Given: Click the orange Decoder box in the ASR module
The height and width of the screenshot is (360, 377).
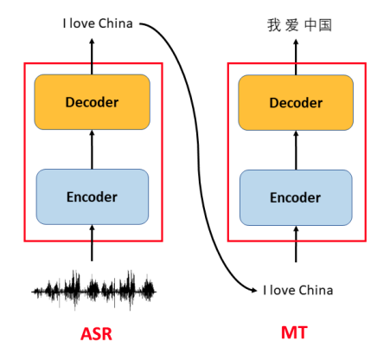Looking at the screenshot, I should (93, 102).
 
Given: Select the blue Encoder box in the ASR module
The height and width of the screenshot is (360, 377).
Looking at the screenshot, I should (93, 196).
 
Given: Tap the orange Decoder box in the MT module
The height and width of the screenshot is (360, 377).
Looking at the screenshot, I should (296, 102).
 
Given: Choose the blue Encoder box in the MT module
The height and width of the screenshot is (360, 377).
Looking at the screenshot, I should (296, 196).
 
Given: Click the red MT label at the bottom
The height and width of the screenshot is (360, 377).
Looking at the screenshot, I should (296, 332).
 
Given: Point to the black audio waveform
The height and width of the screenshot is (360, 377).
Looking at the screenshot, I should (93, 288).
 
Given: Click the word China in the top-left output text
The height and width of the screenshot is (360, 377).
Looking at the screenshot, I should (115, 23).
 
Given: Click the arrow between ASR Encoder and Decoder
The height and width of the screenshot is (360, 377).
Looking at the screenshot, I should (93, 149).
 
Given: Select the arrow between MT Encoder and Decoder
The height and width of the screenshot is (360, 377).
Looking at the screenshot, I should (296, 149).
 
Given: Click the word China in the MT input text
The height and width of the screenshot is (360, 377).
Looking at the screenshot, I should (316, 290).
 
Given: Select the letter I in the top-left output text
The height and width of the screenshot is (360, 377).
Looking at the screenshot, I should (65, 23).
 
